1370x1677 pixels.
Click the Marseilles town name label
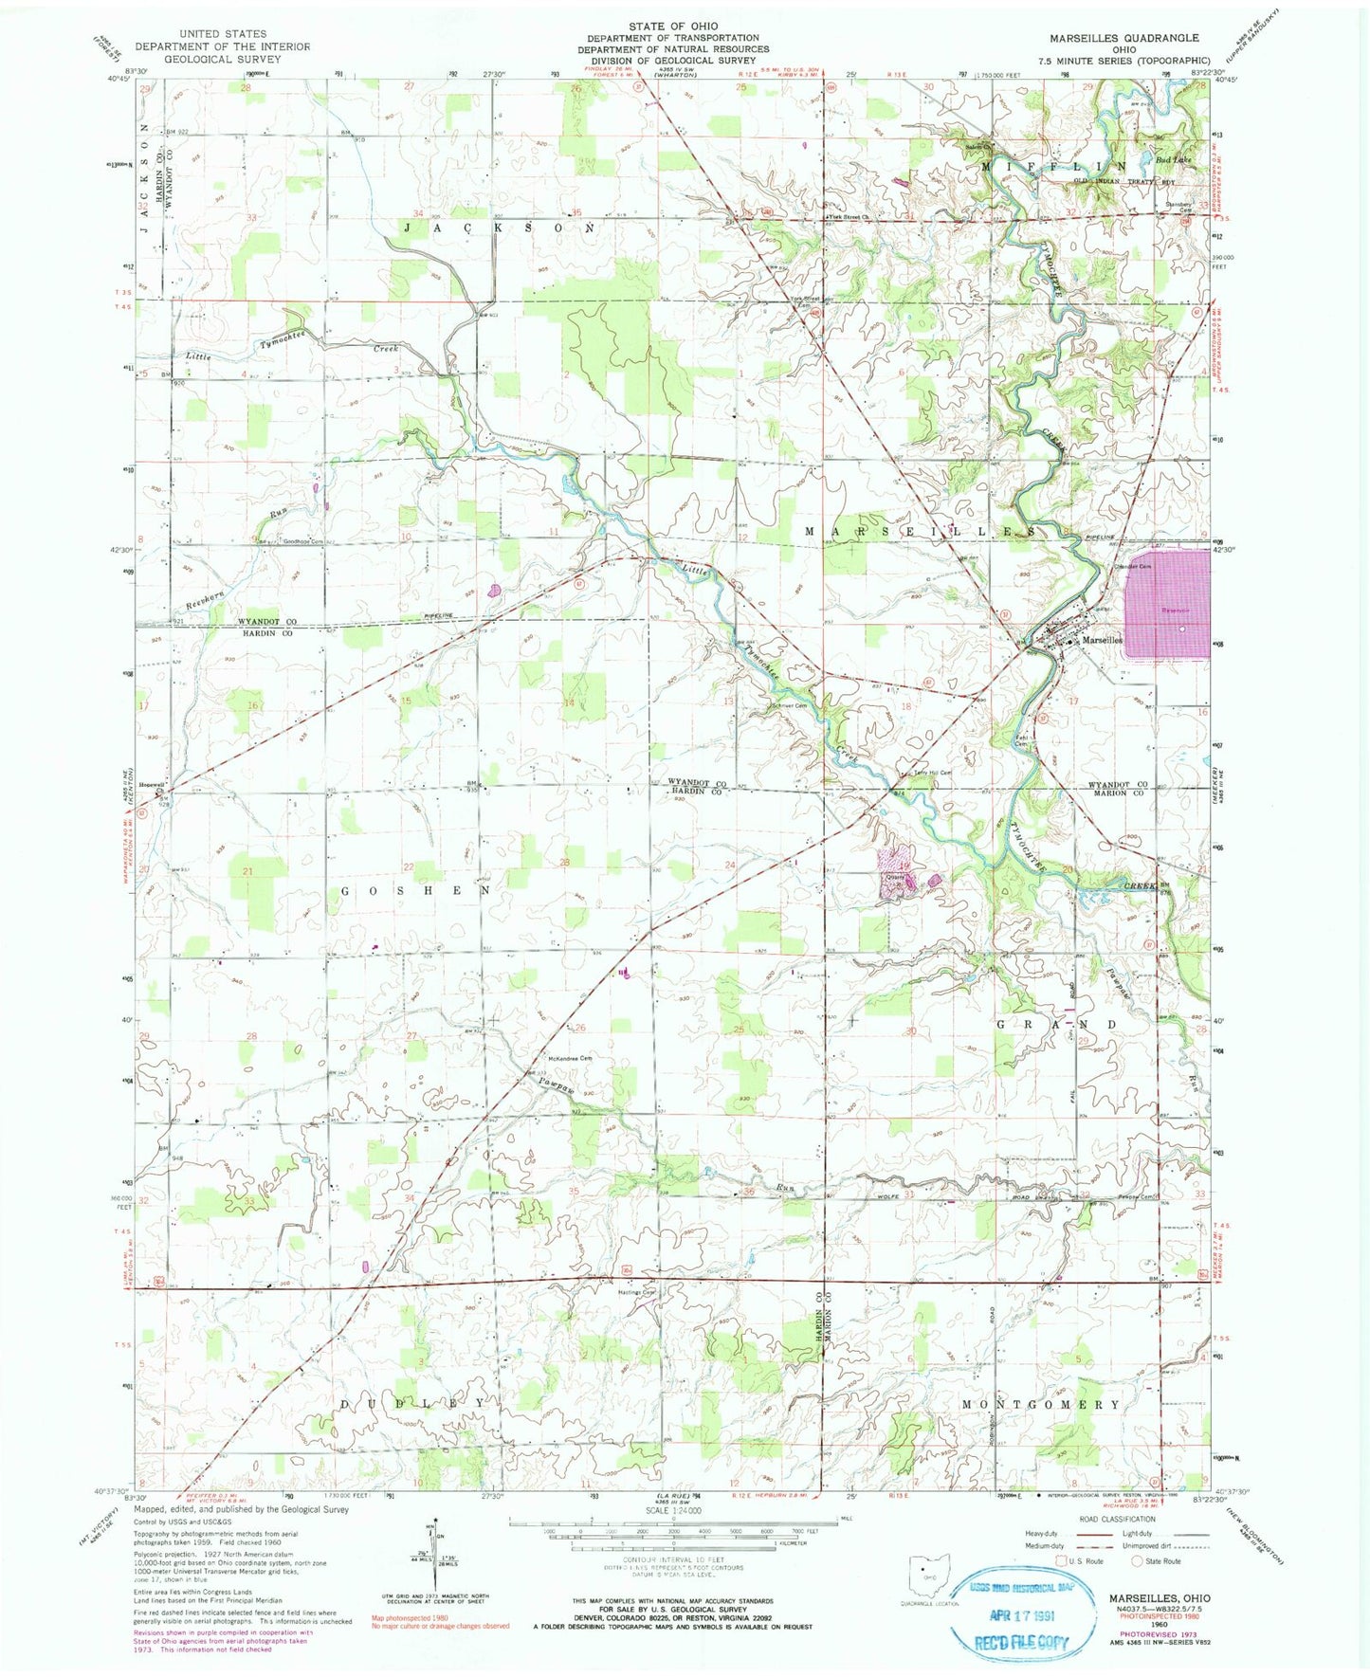tap(1101, 640)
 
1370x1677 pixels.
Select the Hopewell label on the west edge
tap(153, 785)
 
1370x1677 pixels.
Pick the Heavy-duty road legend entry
tap(1040, 1532)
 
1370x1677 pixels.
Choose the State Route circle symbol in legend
tap(1136, 1560)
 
